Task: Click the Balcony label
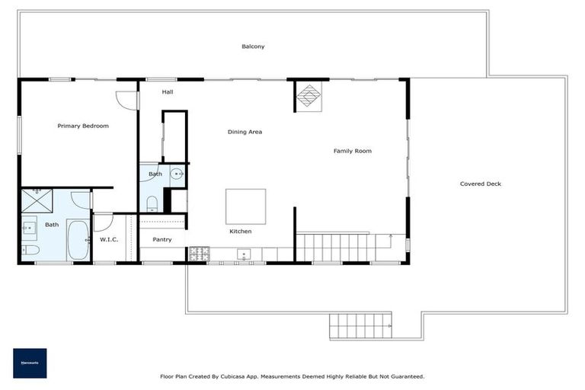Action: [253, 46]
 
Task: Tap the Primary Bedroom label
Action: [83, 126]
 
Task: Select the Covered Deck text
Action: [481, 184]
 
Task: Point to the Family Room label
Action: [352, 151]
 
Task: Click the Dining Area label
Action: [245, 132]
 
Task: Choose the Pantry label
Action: [161, 239]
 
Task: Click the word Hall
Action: [168, 92]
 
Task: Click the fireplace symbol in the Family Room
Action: [308, 96]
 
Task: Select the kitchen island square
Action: [245, 206]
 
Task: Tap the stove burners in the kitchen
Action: [199, 253]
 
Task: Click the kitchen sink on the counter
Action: [245, 254]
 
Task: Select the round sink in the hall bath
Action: [177, 174]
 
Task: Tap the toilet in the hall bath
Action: [152, 203]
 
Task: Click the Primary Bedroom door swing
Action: [125, 101]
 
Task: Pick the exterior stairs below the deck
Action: [361, 327]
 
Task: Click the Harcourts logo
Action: [30, 363]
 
